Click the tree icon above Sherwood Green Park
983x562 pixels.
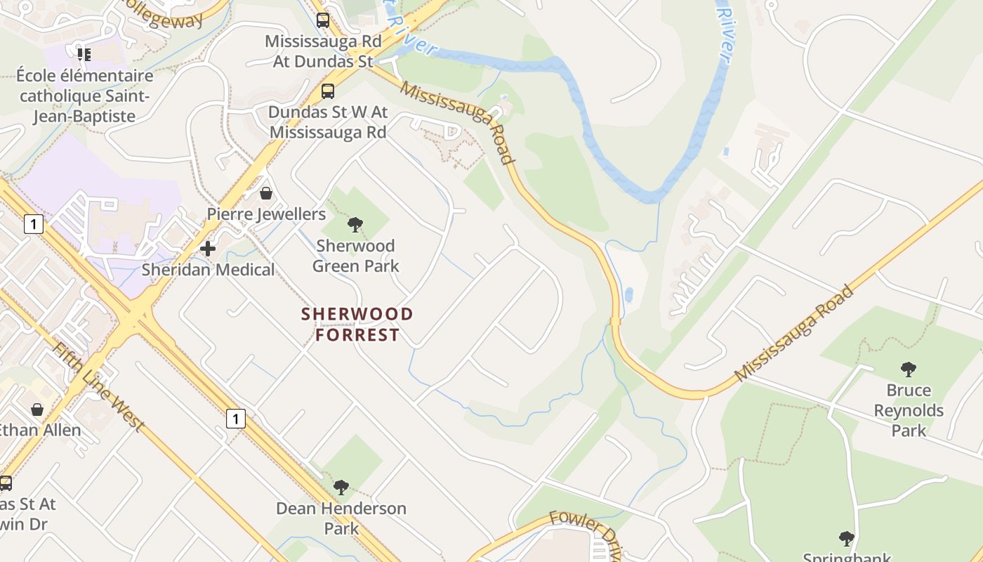(x=355, y=225)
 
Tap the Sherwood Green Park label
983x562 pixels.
(x=355, y=256)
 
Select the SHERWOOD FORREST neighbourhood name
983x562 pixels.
(x=357, y=325)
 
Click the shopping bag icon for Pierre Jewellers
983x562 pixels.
(x=266, y=193)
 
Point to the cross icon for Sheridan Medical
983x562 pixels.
(x=208, y=248)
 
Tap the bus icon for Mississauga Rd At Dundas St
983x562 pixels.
(x=323, y=20)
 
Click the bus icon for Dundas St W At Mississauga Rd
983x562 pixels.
(x=328, y=91)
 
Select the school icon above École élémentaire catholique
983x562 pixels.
(x=84, y=54)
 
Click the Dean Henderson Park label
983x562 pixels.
(x=341, y=518)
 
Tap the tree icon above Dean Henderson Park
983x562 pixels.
(x=341, y=487)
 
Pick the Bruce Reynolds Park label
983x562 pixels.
(x=909, y=410)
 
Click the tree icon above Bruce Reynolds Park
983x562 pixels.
(x=909, y=369)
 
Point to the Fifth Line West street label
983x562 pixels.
(x=99, y=387)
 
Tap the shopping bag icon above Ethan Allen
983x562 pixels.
(x=37, y=409)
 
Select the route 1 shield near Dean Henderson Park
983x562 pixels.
(x=236, y=419)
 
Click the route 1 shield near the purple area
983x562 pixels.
(x=33, y=224)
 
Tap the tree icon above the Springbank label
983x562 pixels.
(x=847, y=539)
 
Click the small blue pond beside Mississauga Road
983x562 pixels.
(x=628, y=294)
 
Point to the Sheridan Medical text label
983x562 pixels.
(x=208, y=270)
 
